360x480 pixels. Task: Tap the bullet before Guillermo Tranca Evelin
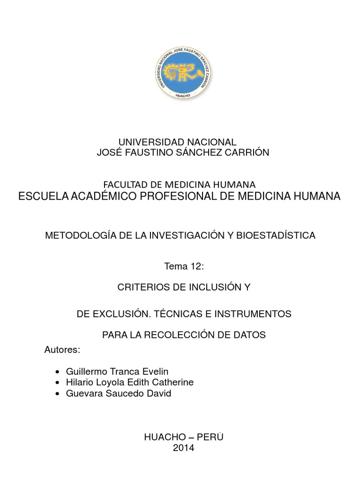tap(57, 372)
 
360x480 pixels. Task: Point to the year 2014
tap(183, 448)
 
